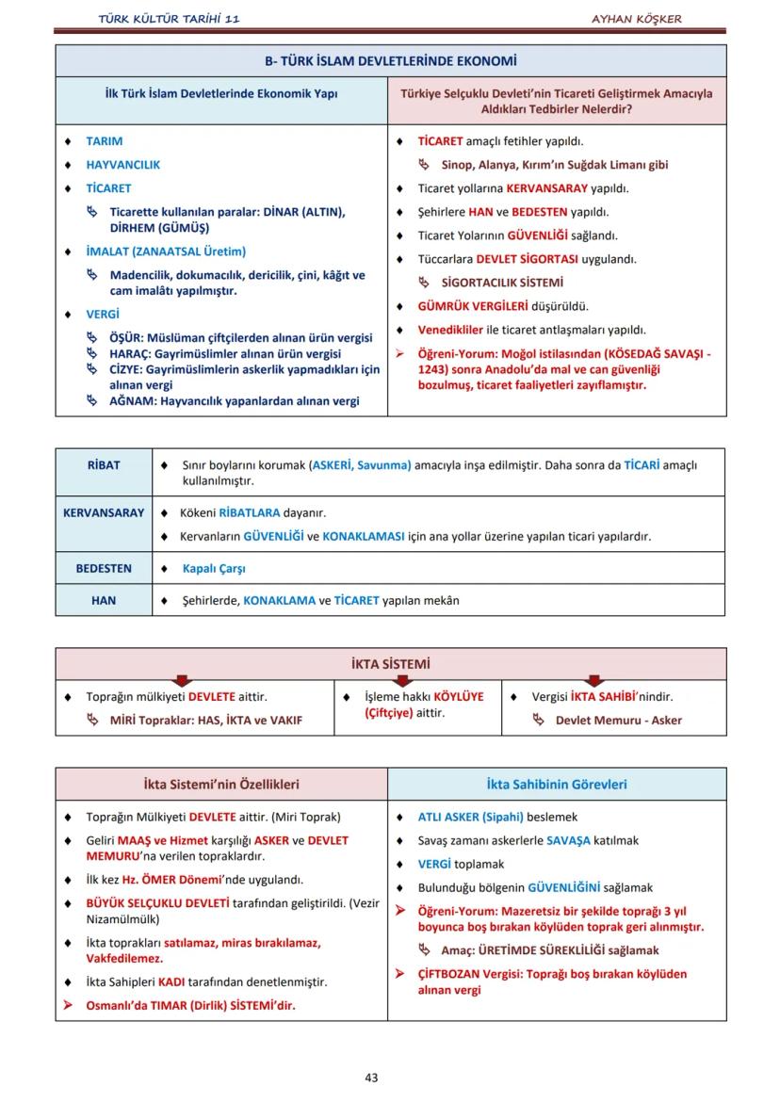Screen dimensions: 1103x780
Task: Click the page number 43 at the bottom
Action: [x=371, y=1078]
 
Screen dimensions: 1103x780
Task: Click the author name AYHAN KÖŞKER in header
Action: [x=636, y=19]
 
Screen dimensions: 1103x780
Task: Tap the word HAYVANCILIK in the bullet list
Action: [x=122, y=165]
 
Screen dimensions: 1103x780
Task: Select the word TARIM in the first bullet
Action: [x=104, y=141]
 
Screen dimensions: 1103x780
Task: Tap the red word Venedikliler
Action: [x=450, y=330]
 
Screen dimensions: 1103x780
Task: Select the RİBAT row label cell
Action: [x=104, y=465]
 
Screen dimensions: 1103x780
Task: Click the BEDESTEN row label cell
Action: [x=104, y=569]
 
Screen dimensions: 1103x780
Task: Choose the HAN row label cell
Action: [x=104, y=600]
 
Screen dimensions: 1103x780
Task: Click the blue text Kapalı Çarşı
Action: [x=214, y=569]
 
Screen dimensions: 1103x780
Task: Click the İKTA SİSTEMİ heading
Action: [x=390, y=664]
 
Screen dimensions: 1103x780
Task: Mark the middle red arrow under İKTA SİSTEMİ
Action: [x=388, y=680]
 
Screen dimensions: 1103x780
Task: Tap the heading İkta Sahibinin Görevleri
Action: [x=556, y=784]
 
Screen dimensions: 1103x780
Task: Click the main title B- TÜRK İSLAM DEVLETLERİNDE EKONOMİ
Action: [x=390, y=62]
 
